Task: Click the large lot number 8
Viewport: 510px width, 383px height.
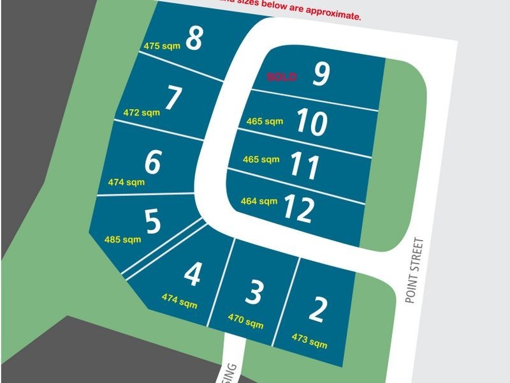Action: click(194, 39)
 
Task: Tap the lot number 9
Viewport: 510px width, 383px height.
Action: click(321, 75)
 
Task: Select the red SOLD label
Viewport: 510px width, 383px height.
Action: click(281, 77)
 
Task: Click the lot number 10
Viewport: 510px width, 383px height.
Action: click(312, 122)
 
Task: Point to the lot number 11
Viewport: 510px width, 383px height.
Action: click(304, 165)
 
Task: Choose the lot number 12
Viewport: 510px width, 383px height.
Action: click(298, 207)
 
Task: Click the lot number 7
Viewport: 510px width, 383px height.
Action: click(173, 99)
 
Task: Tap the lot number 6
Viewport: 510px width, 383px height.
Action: click(152, 162)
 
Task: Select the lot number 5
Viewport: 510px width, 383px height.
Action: click(152, 222)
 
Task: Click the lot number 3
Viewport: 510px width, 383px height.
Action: click(254, 292)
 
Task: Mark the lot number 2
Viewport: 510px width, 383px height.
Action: click(317, 309)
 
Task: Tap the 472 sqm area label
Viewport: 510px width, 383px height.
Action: click(141, 113)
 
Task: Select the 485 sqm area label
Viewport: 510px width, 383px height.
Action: click(122, 240)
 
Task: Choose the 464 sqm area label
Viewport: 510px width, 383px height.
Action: click(259, 201)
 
